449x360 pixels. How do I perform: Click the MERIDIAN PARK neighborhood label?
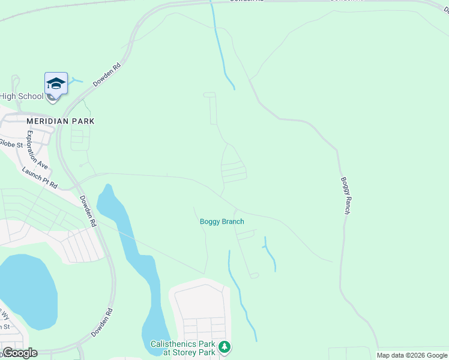[x=60, y=121]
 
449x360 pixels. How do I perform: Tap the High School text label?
[x=22, y=96]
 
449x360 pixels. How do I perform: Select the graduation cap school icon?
[x=56, y=83]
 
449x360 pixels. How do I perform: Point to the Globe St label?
[x=11, y=144]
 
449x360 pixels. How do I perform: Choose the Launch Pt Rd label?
[x=40, y=178]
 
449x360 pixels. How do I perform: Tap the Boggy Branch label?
[x=221, y=222]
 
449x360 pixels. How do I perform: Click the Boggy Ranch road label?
[x=345, y=196]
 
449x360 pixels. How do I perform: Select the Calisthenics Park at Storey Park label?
[x=182, y=349]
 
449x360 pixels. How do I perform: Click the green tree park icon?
[x=224, y=347]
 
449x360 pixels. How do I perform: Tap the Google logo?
[x=19, y=353]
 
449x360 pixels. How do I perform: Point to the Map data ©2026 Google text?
[x=412, y=355]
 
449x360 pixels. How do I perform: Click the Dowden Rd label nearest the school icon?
[x=107, y=74]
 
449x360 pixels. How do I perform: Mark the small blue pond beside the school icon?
[x=76, y=80]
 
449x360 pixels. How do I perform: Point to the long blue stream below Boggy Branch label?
[x=240, y=300]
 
